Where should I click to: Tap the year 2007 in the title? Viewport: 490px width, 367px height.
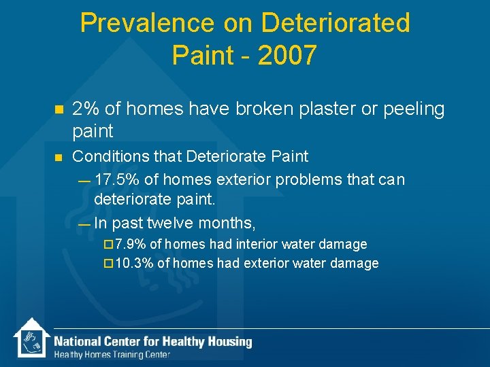284,55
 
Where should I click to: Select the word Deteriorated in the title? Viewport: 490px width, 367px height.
336,23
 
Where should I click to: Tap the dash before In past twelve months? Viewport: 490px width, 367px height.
83,223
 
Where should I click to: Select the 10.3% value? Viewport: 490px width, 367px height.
134,263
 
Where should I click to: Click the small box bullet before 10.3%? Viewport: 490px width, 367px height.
109,264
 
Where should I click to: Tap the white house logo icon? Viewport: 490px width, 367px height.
31,339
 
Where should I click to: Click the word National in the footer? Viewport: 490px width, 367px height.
78,342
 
